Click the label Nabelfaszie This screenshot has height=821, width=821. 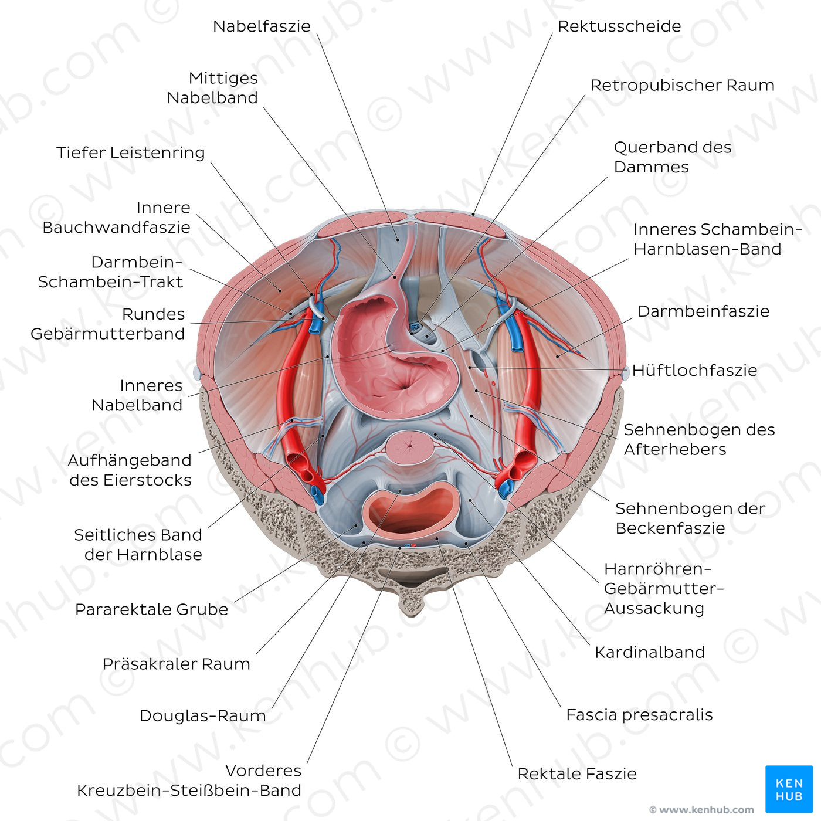point(262,26)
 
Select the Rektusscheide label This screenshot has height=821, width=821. point(619,26)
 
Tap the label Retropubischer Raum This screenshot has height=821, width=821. point(682,86)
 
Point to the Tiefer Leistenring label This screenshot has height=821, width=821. point(131,153)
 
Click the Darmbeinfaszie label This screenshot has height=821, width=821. point(703,311)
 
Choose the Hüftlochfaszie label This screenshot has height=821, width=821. point(694,371)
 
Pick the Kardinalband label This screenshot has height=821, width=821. point(649,653)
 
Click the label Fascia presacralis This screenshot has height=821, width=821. point(639,715)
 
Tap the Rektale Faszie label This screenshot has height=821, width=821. point(576,774)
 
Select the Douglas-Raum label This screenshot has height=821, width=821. point(202,716)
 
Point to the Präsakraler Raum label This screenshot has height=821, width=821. point(176,664)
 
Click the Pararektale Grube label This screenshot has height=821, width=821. point(151,610)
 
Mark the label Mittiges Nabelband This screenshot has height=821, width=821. point(212,88)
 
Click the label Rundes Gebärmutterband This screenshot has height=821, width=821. point(108,324)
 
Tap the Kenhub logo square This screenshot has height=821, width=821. point(789,789)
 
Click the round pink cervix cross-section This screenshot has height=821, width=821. point(410,448)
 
